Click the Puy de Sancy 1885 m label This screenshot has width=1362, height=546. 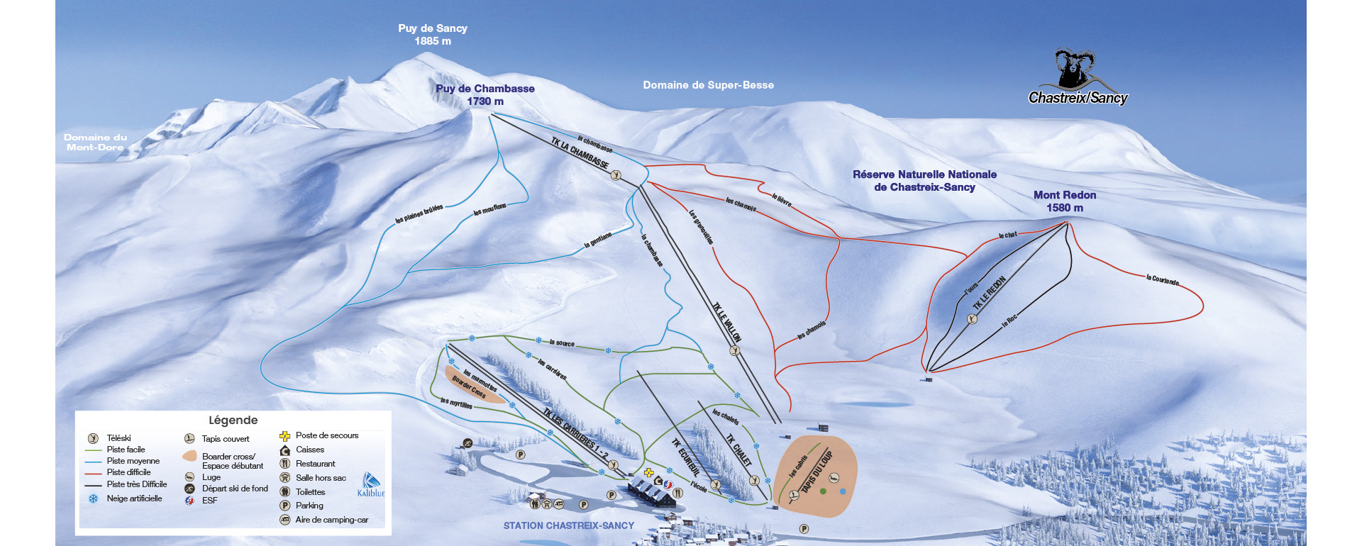click(x=433, y=35)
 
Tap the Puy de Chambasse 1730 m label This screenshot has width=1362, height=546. click(x=485, y=95)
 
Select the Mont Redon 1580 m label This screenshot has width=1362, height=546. click(x=1065, y=201)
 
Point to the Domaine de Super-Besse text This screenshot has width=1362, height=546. click(x=708, y=85)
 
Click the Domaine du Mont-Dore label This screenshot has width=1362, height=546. click(x=95, y=143)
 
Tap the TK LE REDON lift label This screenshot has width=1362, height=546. click(x=990, y=293)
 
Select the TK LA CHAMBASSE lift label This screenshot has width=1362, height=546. click(x=580, y=152)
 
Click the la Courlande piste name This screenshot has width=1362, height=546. click(x=1163, y=280)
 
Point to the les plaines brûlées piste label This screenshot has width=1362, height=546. click(x=419, y=213)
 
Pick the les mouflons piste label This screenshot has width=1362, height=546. click(x=490, y=209)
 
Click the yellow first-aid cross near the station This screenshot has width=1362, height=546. click(x=648, y=472)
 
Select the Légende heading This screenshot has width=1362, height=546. click(x=233, y=420)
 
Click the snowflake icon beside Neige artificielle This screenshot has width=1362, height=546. click(x=93, y=498)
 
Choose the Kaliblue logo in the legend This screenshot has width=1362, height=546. click(x=371, y=484)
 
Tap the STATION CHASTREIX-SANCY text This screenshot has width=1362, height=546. click(x=568, y=526)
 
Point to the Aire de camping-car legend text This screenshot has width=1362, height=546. click(x=331, y=520)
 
